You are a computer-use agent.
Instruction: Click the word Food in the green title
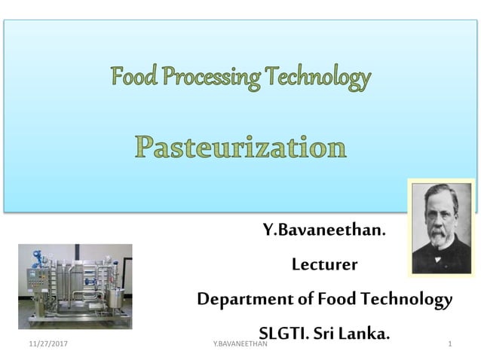135,77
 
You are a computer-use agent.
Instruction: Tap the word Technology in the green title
317,77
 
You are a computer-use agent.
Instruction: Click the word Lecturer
324,265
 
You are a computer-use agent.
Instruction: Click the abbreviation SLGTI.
287,332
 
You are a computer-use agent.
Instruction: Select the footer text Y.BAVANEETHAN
240,344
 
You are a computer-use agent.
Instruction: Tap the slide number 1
449,344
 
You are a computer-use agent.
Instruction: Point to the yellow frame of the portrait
411,226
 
